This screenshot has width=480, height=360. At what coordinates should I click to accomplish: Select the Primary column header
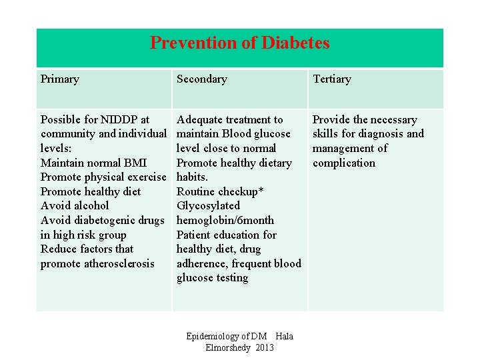[60, 79]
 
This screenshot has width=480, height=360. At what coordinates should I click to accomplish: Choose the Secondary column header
[201, 79]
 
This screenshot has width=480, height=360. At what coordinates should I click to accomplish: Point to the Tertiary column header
[331, 79]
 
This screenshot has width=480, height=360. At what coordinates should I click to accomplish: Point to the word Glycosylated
[208, 205]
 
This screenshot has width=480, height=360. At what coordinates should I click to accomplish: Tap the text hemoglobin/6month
[225, 220]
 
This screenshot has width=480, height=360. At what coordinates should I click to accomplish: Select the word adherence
[201, 263]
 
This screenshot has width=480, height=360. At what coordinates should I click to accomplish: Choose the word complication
[344, 163]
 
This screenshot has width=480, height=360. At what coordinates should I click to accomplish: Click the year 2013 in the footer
[265, 347]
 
